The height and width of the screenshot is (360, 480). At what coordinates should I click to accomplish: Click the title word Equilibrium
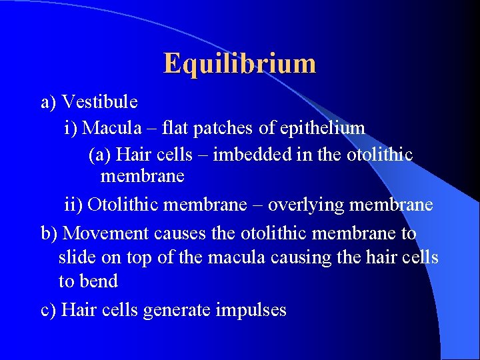point(239,63)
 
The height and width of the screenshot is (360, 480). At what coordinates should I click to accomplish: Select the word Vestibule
point(99,102)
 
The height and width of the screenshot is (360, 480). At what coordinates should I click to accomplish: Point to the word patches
point(227,127)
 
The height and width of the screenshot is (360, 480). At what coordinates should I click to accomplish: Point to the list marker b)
point(49,234)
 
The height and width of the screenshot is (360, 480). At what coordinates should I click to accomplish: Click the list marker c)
point(49,310)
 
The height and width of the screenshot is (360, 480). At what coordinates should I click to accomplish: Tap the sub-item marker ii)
point(73,205)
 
